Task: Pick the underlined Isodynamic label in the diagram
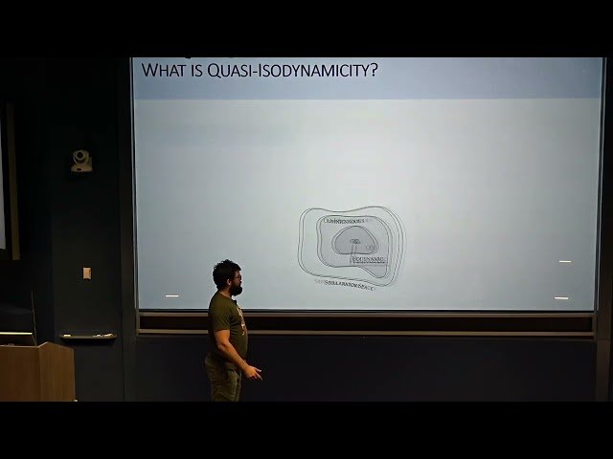(369, 258)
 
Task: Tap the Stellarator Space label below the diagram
(347, 284)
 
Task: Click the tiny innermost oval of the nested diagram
(354, 241)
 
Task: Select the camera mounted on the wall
(81, 161)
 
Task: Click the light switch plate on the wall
(86, 273)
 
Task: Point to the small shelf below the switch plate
(88, 336)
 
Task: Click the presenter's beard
(237, 288)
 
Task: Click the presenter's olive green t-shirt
(226, 325)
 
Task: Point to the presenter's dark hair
(226, 271)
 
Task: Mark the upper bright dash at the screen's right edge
(565, 261)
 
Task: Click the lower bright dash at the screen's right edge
(561, 298)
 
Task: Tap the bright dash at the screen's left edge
(171, 296)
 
